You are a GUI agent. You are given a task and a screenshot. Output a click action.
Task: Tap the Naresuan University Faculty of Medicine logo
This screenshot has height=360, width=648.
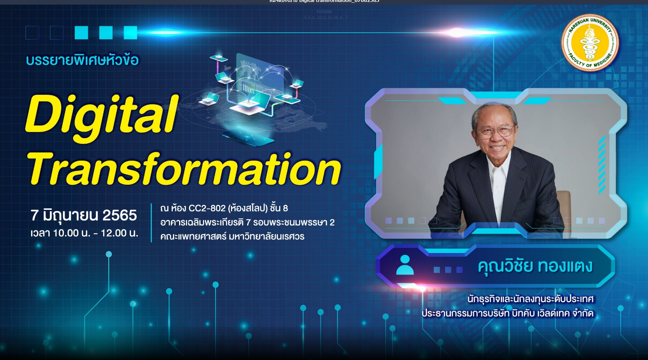click(x=589, y=43)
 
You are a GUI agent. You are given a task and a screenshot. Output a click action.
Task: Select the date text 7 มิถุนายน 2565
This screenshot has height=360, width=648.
click(x=84, y=215)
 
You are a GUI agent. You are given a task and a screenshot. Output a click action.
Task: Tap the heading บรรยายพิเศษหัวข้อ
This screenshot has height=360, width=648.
click(x=82, y=60)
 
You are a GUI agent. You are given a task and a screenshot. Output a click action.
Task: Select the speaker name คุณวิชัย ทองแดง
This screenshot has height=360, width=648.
click(x=535, y=266)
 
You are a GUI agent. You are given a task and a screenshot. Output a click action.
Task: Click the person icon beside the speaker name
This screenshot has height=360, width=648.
click(x=405, y=265)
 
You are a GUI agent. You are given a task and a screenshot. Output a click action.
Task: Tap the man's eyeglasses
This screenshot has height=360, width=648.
click(x=495, y=132)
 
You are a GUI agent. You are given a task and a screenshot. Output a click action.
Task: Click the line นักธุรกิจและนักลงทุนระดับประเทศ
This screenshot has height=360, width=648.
click(x=531, y=299)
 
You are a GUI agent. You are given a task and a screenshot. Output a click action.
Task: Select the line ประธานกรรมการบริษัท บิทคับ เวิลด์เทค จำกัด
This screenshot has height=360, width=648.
click(x=507, y=313)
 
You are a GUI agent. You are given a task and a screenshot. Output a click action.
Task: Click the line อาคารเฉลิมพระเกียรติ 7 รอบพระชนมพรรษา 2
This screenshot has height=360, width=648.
click(x=247, y=223)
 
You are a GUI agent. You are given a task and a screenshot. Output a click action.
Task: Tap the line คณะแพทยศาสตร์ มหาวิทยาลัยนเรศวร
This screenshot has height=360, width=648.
click(x=232, y=236)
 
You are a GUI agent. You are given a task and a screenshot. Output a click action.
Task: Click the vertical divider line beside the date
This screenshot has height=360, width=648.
click(x=151, y=223)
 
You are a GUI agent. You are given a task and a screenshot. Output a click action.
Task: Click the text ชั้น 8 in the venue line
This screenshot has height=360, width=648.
click(x=279, y=208)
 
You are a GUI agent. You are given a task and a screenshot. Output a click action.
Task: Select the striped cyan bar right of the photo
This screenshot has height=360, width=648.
click(x=601, y=164)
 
